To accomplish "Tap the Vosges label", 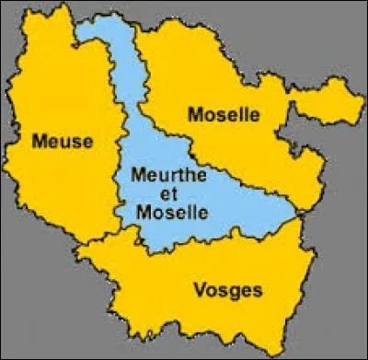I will tap(227, 290).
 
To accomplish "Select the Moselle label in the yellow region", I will tap(224, 115).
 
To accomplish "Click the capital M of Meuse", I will tap(39, 141).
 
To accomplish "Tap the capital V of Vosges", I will tap(200, 290).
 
